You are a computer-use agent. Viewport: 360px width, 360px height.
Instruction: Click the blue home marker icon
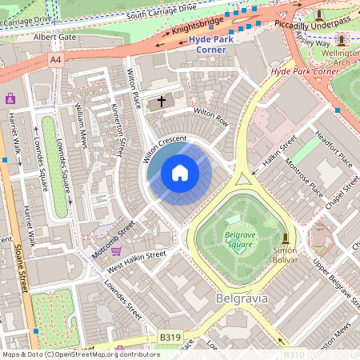[180, 173]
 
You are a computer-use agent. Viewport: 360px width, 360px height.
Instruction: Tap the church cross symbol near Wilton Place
[162, 102]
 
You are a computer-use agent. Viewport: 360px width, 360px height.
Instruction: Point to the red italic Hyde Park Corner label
[305, 71]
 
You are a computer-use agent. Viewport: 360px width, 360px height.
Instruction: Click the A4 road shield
[55, 60]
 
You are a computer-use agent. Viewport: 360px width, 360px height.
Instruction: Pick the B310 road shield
[294, 354]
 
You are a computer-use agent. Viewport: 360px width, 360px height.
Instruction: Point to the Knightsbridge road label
[193, 31]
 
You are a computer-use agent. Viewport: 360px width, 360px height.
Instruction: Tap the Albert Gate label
[54, 37]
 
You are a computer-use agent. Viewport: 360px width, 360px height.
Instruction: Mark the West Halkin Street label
[136, 258]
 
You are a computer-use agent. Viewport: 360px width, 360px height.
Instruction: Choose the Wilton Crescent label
[165, 148]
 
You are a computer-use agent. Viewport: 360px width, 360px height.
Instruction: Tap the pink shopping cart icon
[117, 250]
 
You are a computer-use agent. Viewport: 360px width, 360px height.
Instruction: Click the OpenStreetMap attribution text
[80, 354]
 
